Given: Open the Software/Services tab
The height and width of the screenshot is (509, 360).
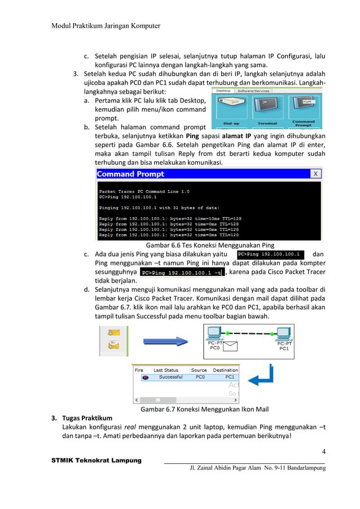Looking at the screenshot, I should pos(253,91).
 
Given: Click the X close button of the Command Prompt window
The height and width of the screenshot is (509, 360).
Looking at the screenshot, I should pos(316,173).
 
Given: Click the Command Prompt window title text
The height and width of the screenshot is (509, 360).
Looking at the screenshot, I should pos(130,174).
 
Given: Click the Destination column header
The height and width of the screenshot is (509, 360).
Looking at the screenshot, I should pos(225,370).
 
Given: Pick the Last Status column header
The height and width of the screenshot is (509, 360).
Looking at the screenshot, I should pos(166,370).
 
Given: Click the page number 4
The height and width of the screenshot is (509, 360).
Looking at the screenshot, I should pos(324,451).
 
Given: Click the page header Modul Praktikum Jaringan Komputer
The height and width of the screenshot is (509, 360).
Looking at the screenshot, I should pos(106,25).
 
